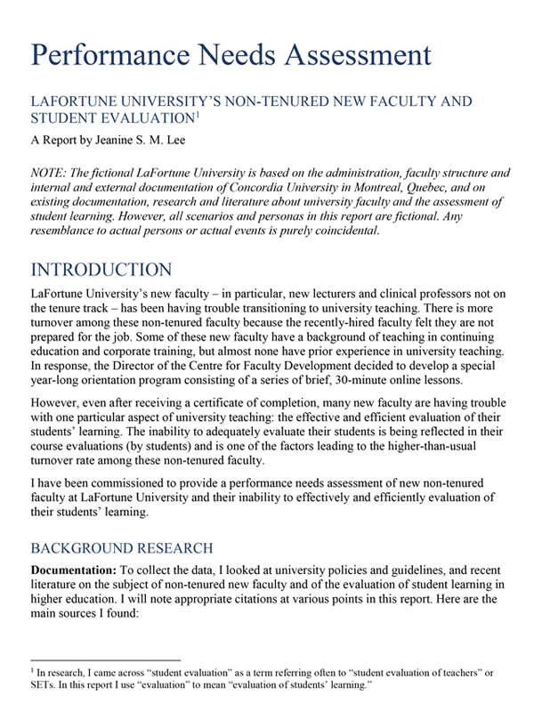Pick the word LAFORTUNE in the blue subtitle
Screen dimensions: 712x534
click(77, 102)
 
